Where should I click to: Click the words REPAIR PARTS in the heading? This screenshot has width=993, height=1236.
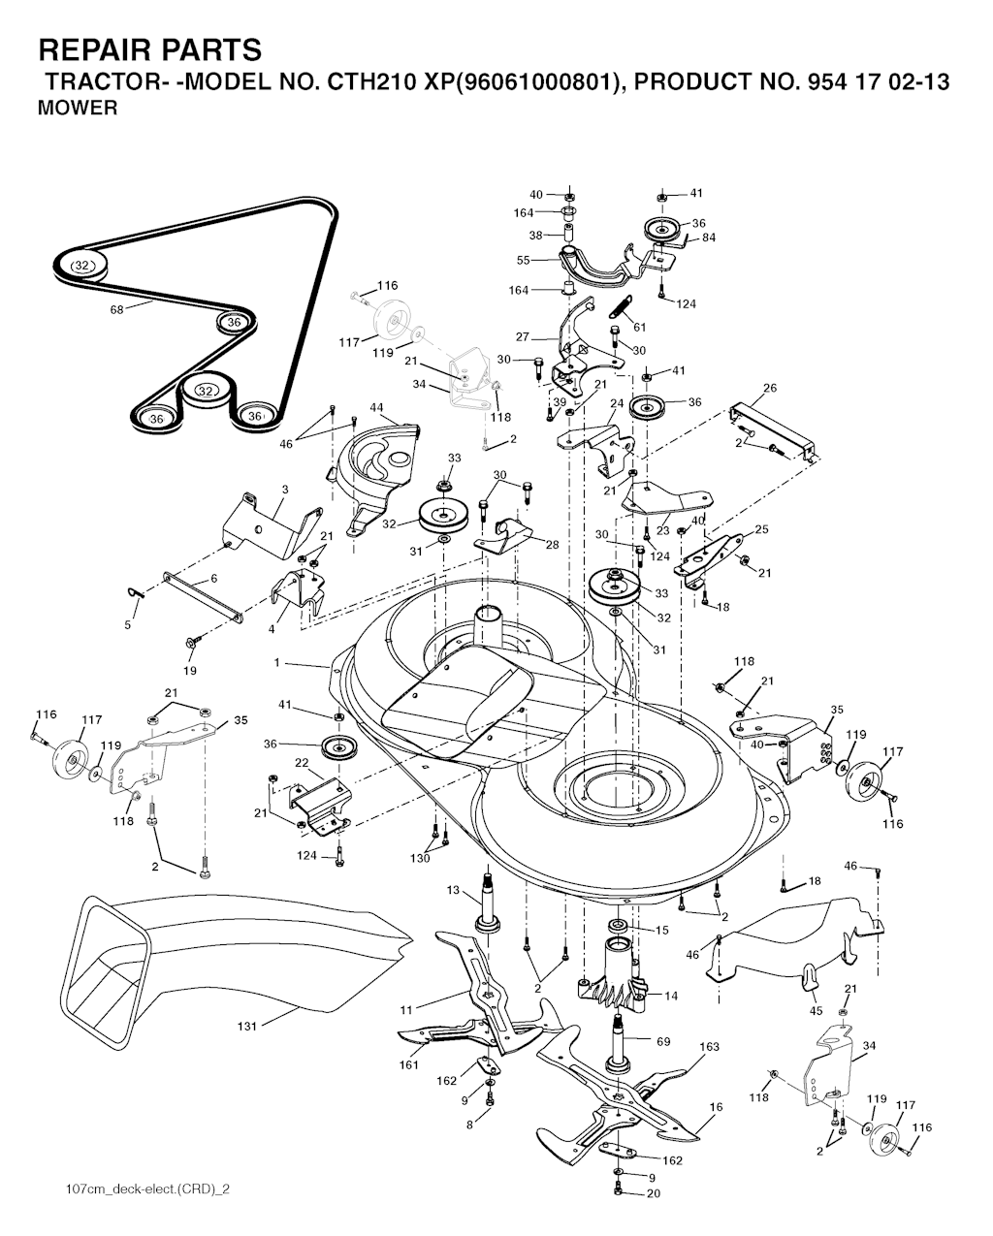150,50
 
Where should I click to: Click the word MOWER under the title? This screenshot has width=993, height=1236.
78,108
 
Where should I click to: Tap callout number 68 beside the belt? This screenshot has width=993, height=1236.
116,310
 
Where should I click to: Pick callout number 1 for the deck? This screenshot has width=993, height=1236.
277,663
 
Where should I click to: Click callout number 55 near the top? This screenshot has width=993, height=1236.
523,260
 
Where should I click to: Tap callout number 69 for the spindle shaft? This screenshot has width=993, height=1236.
663,1041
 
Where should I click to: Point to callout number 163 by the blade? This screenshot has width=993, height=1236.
709,1046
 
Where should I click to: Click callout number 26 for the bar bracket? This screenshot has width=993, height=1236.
769,388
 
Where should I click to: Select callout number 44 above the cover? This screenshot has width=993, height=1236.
376,407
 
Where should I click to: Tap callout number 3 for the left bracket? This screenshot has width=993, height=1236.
285,490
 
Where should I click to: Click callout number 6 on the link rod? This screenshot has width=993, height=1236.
213,579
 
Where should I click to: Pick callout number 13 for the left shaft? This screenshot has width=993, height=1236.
453,890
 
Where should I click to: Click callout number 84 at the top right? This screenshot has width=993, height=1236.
709,238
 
